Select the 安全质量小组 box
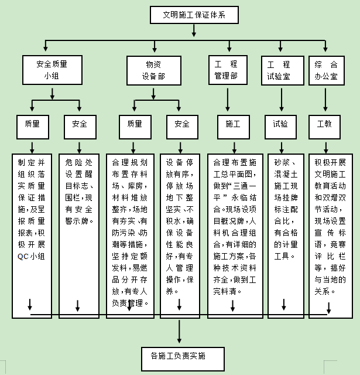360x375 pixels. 53,70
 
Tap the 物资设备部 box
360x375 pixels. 154,70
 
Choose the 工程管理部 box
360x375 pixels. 225,70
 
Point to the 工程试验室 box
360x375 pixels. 278,70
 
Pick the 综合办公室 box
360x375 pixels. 325,70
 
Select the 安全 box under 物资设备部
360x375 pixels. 181,124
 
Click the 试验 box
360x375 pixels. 280,124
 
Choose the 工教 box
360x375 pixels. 324,124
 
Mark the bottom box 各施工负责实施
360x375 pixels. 174,356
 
